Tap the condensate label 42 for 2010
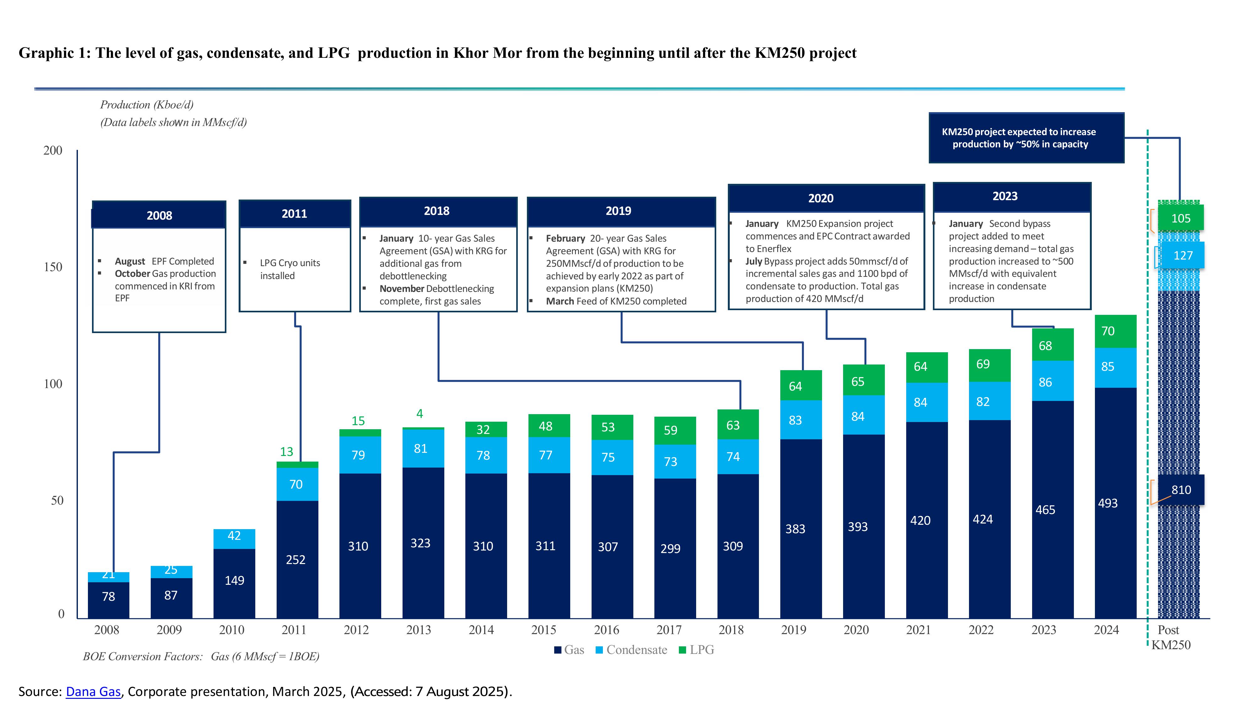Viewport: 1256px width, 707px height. click(x=234, y=536)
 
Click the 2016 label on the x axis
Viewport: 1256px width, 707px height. click(x=606, y=630)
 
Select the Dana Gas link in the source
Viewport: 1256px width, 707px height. click(x=93, y=692)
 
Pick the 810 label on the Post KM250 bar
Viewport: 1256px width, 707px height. click(x=1181, y=490)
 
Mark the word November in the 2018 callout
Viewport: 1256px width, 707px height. click(x=402, y=289)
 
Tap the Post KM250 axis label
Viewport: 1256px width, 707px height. click(x=1170, y=637)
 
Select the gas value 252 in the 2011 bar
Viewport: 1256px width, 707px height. click(x=295, y=560)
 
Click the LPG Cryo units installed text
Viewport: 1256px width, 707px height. click(x=290, y=269)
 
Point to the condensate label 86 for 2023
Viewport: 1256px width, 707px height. click(x=1045, y=382)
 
